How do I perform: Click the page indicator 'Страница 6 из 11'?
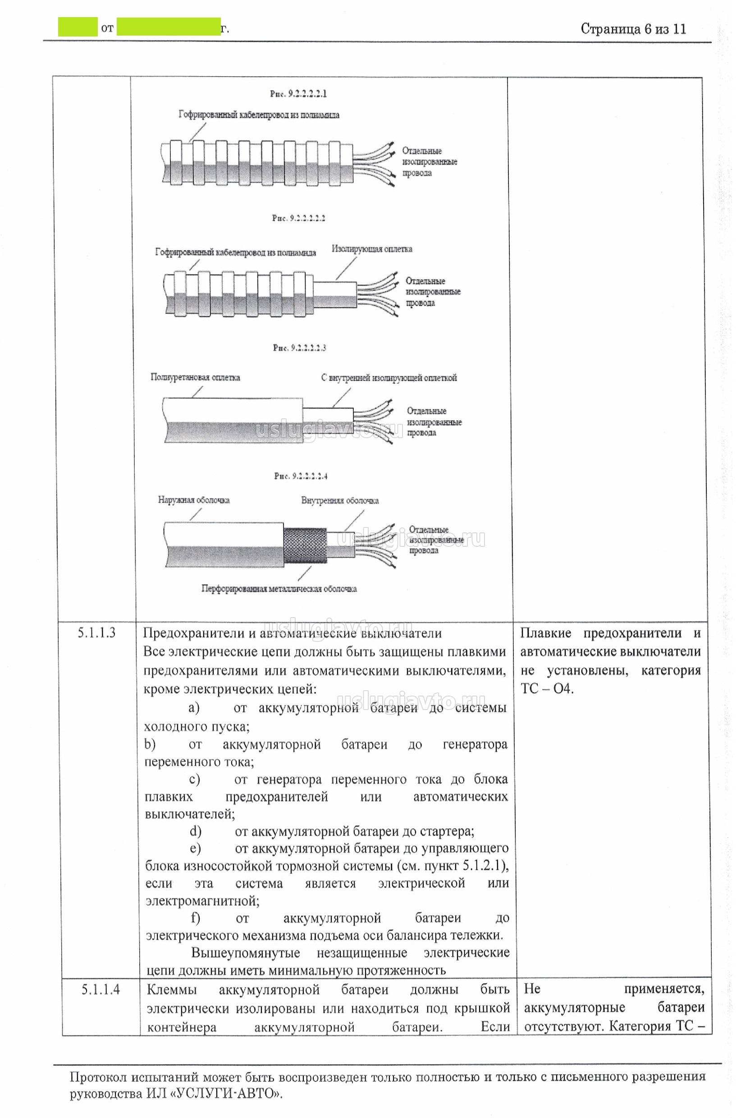[x=633, y=29]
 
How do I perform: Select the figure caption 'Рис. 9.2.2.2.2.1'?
[x=298, y=94]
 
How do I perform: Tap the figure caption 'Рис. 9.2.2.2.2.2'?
[x=298, y=218]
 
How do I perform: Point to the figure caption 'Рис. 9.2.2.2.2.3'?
[x=299, y=348]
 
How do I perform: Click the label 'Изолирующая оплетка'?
[x=372, y=249]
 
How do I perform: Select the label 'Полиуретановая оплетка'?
[x=195, y=377]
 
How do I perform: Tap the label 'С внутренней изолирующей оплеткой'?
[x=389, y=378]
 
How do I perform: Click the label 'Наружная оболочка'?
[x=194, y=500]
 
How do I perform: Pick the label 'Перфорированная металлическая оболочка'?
[x=279, y=589]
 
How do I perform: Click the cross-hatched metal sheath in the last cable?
[x=304, y=546]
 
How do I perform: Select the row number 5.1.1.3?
[x=96, y=633]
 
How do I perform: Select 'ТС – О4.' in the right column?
[x=547, y=689]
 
